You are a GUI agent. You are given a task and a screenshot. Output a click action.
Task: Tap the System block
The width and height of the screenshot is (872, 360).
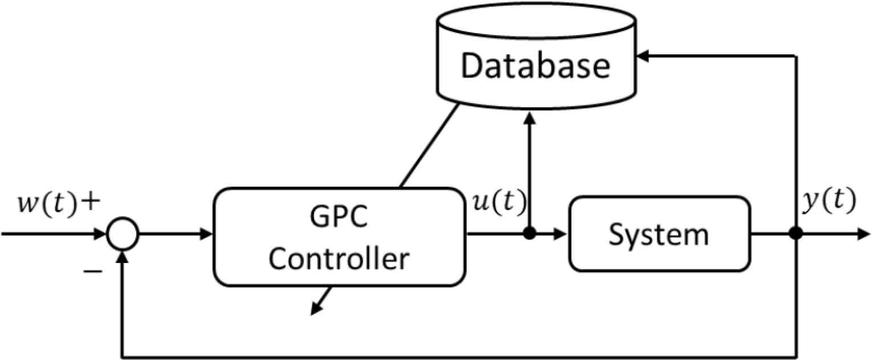click(x=659, y=233)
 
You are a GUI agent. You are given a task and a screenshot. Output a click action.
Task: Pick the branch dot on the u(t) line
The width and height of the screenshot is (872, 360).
click(x=530, y=233)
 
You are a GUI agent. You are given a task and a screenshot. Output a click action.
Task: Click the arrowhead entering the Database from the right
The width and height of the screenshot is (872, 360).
click(x=643, y=55)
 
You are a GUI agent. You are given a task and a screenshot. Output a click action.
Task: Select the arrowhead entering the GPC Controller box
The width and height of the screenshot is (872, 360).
click(x=208, y=233)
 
